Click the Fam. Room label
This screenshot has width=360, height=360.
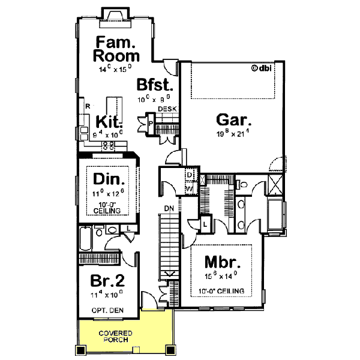116,49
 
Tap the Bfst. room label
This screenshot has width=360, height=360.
155,84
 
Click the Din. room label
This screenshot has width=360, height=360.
109,179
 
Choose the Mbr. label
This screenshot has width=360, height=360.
223,262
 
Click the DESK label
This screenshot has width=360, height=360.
166,109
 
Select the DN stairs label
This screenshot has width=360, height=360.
170,209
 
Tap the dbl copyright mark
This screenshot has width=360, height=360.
262,68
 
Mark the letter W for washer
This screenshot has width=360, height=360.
189,188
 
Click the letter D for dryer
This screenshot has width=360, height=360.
189,174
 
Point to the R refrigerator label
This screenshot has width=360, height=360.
88,106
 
